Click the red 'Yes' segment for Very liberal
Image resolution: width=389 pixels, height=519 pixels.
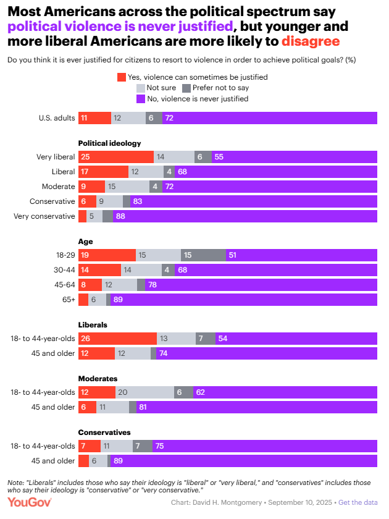[115, 158]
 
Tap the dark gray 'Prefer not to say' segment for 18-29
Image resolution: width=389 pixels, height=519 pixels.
[203, 255]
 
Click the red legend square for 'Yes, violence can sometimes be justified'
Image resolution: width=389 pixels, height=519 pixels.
[121, 77]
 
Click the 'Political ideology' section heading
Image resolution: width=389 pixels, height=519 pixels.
[109, 143]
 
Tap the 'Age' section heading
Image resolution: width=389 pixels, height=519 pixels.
[85, 241]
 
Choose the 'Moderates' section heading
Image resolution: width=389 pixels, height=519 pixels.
[98, 378]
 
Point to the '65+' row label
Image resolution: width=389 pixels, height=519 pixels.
[68, 299]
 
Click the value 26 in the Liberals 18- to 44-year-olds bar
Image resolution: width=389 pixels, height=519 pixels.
[85, 339]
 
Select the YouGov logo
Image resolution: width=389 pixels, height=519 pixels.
[30, 502]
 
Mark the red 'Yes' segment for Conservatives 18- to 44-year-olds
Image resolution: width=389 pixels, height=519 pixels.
[90, 446]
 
